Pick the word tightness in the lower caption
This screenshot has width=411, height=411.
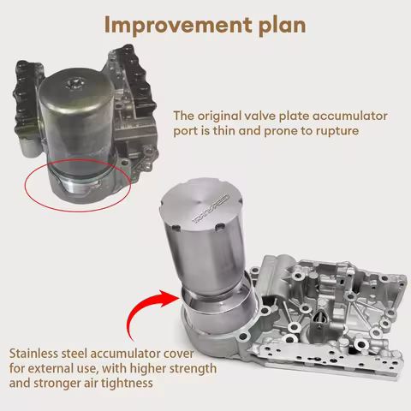coord(128,384)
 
